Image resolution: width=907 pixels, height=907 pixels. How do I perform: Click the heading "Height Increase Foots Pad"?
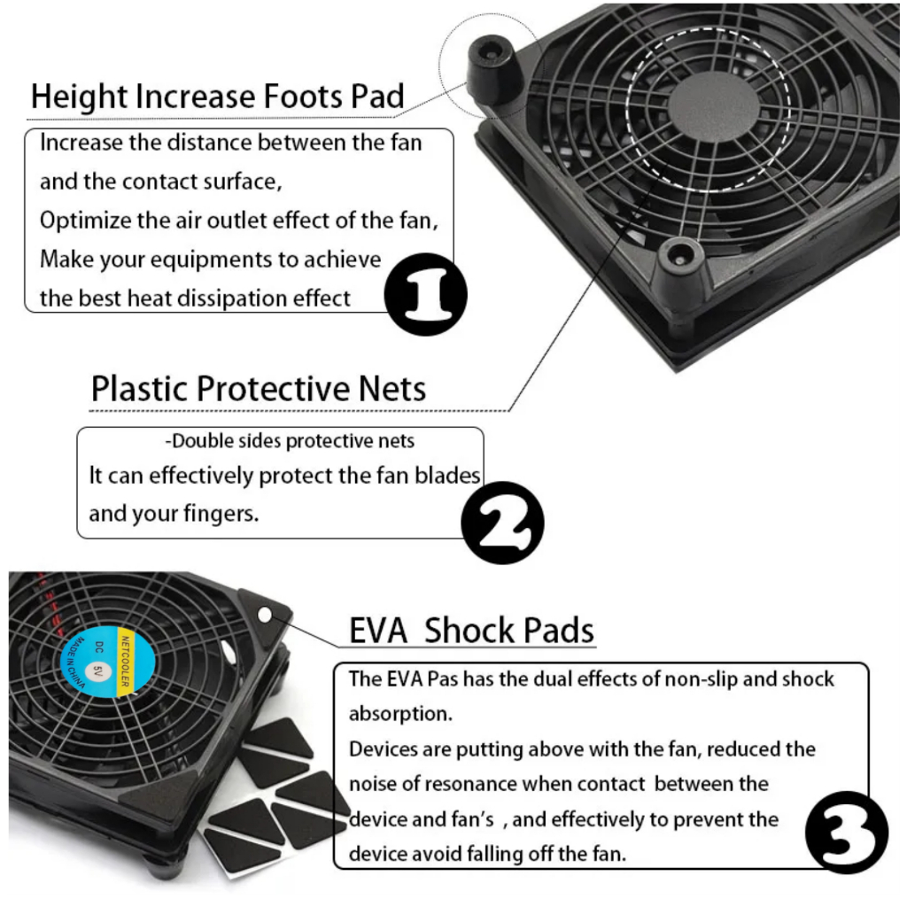coord(217,96)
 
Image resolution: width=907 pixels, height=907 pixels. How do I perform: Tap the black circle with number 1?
coord(427,292)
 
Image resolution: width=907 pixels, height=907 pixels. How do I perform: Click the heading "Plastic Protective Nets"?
coord(259,388)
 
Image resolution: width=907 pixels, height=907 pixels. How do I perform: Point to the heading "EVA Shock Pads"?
coord(471,631)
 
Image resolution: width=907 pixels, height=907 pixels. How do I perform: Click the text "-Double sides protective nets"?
coord(290,441)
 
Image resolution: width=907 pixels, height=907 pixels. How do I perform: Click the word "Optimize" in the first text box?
coord(85,221)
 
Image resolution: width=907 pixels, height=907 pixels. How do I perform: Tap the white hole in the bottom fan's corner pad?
coord(264,614)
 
